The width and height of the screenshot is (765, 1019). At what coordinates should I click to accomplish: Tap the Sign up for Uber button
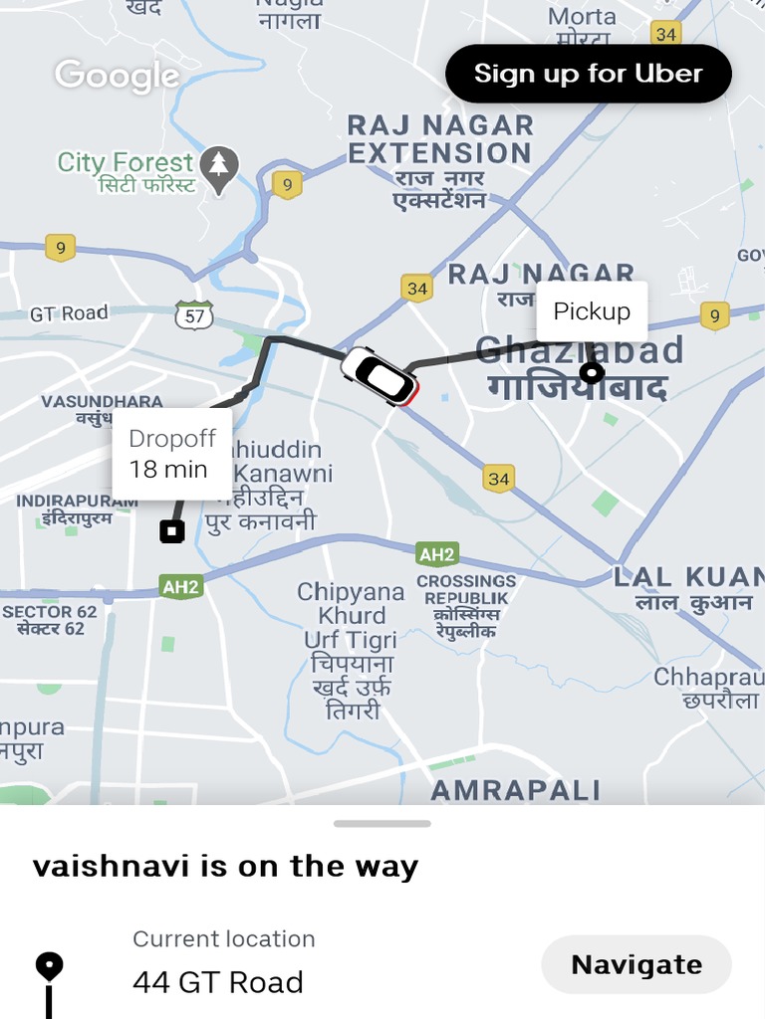588,74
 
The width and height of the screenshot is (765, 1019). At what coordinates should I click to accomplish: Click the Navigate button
636,964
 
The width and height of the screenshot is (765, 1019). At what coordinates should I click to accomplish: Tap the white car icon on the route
380,376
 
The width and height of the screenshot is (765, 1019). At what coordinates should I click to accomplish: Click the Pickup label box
592,311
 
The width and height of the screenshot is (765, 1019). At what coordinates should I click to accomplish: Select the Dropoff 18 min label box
171,454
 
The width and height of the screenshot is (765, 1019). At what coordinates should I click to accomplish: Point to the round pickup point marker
592,373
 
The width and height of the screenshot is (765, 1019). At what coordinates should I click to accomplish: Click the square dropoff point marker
172,531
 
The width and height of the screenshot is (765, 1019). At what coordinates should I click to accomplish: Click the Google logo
117,76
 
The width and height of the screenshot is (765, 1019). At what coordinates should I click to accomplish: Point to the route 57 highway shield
193,315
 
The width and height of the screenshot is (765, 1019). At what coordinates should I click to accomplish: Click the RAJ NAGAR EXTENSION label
439,139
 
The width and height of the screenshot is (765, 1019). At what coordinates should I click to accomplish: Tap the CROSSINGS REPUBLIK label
466,589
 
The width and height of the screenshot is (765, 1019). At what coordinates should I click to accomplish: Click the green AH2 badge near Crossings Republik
437,554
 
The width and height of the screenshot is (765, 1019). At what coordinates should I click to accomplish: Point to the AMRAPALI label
515,791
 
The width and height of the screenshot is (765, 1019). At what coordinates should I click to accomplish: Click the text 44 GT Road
218,982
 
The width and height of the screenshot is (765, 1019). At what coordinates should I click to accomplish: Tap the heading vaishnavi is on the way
225,866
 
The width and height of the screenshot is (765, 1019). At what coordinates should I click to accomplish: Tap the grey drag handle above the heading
382,824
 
